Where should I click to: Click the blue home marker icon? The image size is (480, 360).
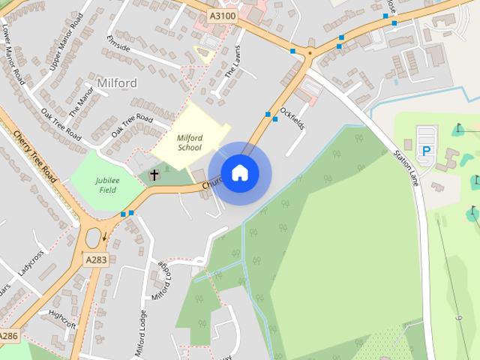(x=239, y=173)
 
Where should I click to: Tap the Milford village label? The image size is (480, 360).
(x=117, y=82)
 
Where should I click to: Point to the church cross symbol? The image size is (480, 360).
(x=154, y=175)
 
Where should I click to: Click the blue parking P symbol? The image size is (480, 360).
(x=427, y=151)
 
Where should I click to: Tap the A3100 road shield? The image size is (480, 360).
(x=222, y=15)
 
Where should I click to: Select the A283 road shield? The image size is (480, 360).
(x=95, y=259)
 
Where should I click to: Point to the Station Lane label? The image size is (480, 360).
(x=406, y=169)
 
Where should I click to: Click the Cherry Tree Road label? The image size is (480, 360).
(x=35, y=157)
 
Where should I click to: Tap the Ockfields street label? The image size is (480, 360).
(x=292, y=118)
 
